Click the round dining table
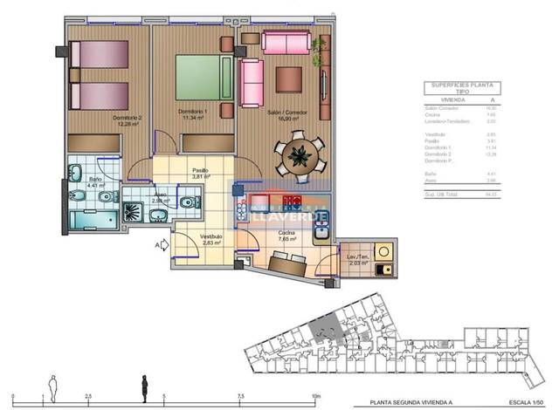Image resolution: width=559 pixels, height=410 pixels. point(298,155)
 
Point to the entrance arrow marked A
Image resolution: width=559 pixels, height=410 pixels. point(161,245)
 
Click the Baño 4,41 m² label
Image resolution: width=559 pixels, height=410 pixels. point(95,181)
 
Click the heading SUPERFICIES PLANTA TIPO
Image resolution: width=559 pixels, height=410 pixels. point(462,88)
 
